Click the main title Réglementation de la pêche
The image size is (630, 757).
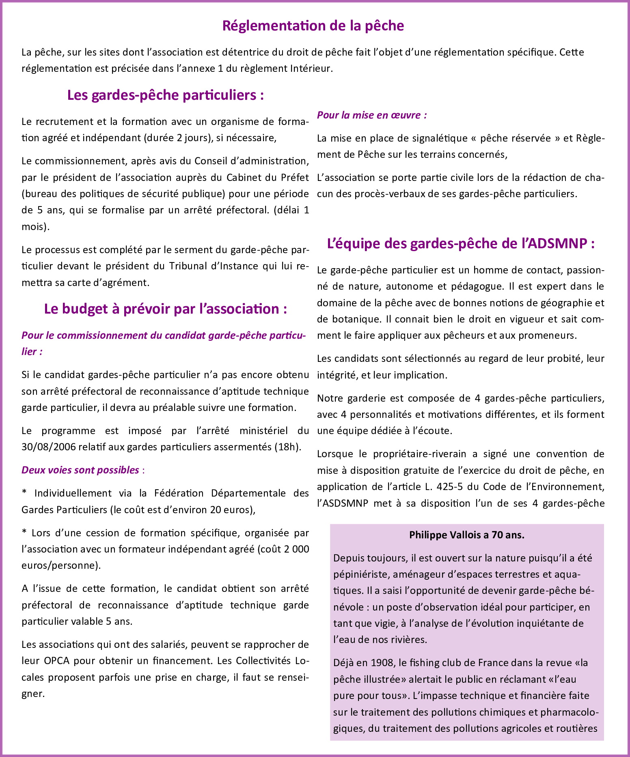pos(313,26)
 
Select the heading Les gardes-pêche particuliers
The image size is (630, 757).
pos(166,95)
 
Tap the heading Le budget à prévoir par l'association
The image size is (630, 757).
pos(166,309)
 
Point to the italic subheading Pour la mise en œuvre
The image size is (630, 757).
pos(372,115)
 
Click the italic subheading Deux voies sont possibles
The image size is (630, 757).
pos(80,470)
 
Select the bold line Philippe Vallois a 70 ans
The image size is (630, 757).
pos(467,535)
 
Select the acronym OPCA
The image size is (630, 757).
pos(57,661)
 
